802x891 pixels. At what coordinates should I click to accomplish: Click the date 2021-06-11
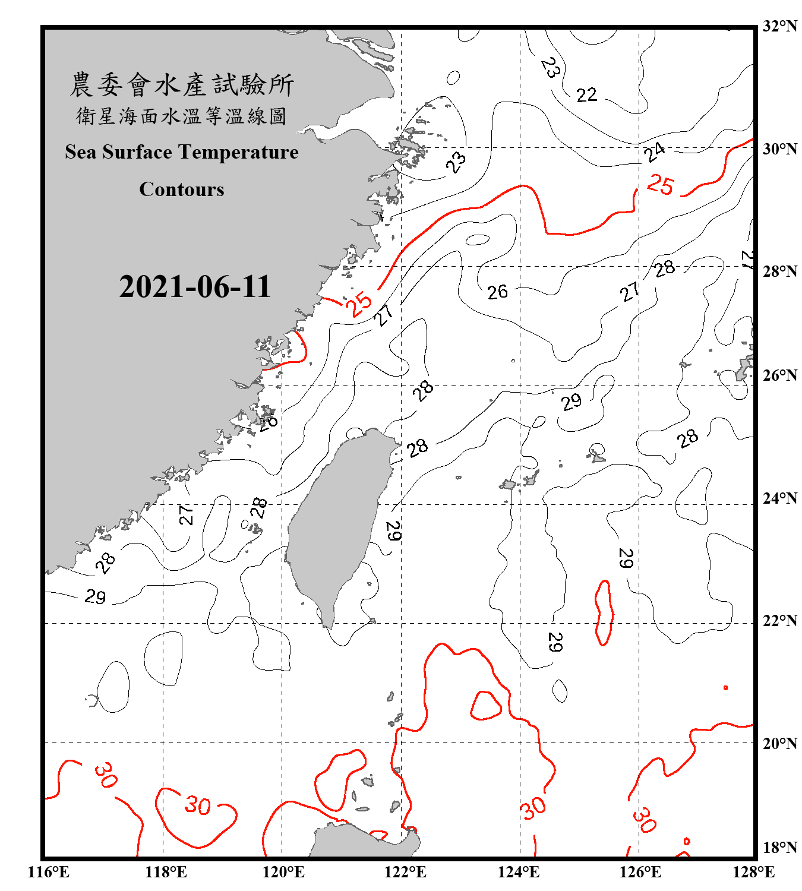coord(195,287)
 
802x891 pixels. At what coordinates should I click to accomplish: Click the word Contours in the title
coord(182,189)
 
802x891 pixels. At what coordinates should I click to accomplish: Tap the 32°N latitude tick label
coord(779,26)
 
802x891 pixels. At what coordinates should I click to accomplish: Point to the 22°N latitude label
coord(779,621)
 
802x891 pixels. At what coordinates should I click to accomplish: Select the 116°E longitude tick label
coord(49,872)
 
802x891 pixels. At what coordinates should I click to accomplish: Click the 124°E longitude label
coord(519,872)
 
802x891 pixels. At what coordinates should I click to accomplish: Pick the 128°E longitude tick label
coord(753,872)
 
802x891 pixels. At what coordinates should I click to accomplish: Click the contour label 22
coord(586,95)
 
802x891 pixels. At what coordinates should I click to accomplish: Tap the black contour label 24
coord(655,152)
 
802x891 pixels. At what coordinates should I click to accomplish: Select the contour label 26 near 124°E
coord(498,292)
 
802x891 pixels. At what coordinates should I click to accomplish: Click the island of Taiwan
coord(336,523)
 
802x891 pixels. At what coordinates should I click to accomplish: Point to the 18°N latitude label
coord(779,848)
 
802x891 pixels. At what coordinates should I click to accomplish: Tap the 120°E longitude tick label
coord(283,872)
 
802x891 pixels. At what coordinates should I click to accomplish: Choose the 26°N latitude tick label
coord(779,375)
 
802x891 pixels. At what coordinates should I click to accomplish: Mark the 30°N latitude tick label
coord(779,149)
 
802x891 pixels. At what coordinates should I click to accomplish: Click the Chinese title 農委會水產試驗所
coord(182,85)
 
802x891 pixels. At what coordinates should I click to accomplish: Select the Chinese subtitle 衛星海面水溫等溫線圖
coord(182,116)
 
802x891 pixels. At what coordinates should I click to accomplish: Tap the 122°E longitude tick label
coord(405,872)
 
